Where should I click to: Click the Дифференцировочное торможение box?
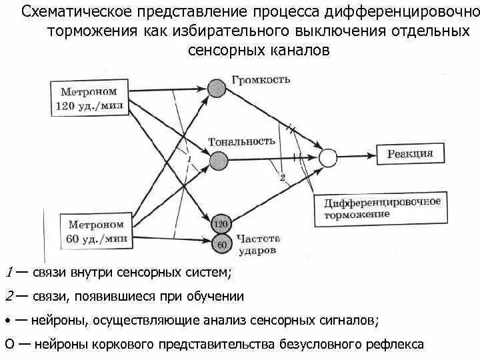(x=381, y=207)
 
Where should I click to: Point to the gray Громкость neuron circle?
(x=217, y=88)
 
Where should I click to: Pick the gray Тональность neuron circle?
(x=217, y=160)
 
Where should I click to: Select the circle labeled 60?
(x=221, y=244)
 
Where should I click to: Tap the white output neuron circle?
(x=327, y=158)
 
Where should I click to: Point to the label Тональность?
(x=242, y=141)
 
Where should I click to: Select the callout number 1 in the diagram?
(x=189, y=159)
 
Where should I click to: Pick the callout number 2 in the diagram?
(x=282, y=177)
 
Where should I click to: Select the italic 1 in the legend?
(x=9, y=272)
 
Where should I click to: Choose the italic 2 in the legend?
(x=9, y=296)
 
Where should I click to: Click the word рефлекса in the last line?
(x=394, y=345)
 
